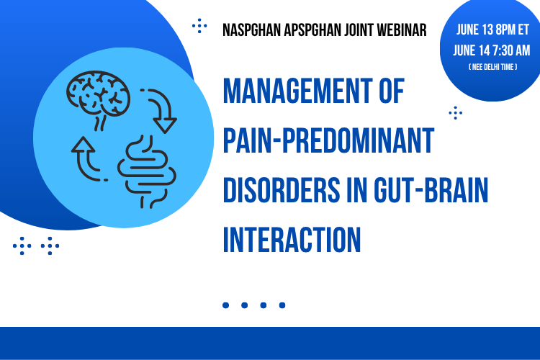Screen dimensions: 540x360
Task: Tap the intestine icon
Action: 147,172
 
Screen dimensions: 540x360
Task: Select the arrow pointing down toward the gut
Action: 161,111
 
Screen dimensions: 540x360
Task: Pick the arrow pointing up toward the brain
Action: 87,158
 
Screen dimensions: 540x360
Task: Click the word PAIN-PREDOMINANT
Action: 328,140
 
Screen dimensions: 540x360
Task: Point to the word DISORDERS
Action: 282,190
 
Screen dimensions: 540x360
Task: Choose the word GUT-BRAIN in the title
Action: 431,190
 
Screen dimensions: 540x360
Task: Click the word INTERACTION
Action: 292,240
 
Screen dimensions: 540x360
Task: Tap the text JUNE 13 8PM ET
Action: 492,30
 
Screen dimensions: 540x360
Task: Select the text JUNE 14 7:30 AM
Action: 492,50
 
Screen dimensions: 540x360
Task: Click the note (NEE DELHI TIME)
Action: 492,67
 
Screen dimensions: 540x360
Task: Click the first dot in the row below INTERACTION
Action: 226,305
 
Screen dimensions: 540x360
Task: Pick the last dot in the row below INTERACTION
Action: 282,305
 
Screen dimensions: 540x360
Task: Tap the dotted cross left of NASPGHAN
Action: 199,26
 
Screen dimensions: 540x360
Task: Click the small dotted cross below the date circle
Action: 456,112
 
